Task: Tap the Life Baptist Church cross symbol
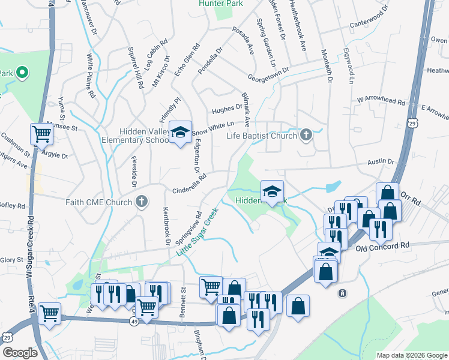(x=306, y=134)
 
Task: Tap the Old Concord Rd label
(x=382, y=246)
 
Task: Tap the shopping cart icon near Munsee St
(x=41, y=134)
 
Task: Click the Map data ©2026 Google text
(x=411, y=355)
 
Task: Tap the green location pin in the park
(x=22, y=74)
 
